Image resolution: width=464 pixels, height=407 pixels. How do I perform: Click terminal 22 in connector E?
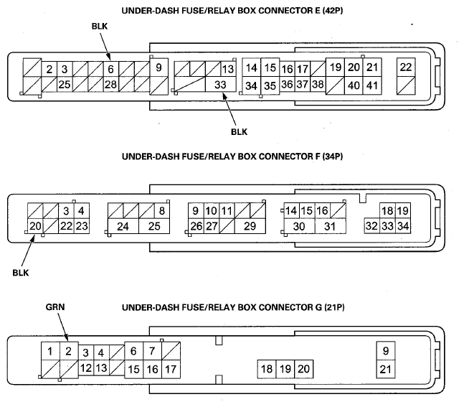pos(406,67)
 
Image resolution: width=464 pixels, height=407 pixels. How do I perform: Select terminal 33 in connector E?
pos(220,85)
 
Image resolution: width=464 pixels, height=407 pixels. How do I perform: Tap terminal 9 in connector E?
pos(159,67)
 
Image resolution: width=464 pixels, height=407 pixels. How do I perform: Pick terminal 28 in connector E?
pos(110,85)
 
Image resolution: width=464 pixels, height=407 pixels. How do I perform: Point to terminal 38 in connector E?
pos(318,85)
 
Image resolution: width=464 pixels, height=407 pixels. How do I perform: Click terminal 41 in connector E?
pos(372,85)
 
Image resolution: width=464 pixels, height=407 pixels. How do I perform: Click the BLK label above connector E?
pos(100,27)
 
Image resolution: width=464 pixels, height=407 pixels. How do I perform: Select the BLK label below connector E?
pos(239,132)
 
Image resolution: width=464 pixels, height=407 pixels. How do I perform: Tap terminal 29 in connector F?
pos(250,226)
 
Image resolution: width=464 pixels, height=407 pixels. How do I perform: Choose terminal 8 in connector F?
pos(162,211)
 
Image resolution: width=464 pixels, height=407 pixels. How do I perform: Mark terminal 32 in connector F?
pos(371,226)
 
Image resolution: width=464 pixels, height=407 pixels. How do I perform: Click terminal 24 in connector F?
pos(123,226)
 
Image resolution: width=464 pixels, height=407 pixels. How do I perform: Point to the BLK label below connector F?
pos(21,273)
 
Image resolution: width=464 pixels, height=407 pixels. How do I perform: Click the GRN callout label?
pos(55,307)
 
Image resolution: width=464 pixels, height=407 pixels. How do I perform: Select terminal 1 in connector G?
pos(50,351)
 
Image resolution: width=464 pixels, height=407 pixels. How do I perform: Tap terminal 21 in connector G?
pos(386,370)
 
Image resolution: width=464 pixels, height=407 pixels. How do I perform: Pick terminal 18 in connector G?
pos(267,369)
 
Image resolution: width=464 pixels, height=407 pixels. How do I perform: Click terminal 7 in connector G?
pos(153,351)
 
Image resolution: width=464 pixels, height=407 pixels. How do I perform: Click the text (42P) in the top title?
pos(333,11)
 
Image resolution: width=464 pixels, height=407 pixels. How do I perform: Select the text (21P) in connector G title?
pos(334,307)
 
